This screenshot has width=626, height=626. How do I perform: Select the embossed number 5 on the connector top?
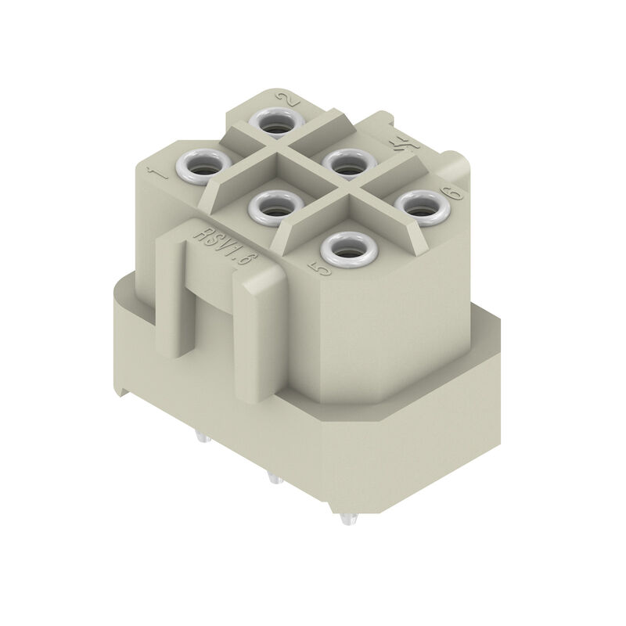319,268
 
